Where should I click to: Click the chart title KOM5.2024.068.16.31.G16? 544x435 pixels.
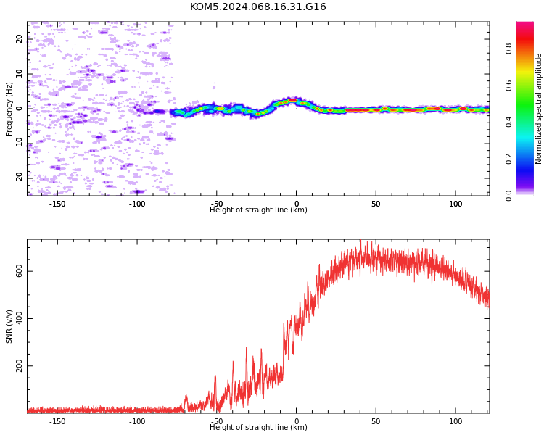point(257,7)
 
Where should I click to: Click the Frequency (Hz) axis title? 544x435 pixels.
point(9,109)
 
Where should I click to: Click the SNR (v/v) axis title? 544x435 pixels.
point(9,326)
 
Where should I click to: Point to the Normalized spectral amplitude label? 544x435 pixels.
point(538,109)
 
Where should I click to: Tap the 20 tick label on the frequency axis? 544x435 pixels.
point(19,38)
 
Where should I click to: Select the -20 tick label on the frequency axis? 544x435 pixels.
point(19,178)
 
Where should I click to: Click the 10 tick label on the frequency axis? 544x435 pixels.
point(19,73)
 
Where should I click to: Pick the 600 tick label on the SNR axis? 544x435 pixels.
point(19,271)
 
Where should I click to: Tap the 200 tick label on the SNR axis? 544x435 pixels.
point(19,365)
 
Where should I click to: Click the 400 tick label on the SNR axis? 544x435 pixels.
point(19,318)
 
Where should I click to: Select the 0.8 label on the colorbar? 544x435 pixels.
point(508,49)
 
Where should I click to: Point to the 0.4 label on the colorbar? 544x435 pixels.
point(508,122)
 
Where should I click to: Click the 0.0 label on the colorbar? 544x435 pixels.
point(508,196)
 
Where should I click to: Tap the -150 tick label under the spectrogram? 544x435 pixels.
point(57,204)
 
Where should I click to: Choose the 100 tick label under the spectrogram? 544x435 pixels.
point(456,204)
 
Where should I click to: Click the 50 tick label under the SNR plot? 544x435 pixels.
point(376,421)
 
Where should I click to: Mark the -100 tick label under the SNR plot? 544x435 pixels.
point(137,421)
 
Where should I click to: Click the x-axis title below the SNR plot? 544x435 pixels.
point(258,427)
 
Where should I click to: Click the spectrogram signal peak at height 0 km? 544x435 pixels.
point(293,100)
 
